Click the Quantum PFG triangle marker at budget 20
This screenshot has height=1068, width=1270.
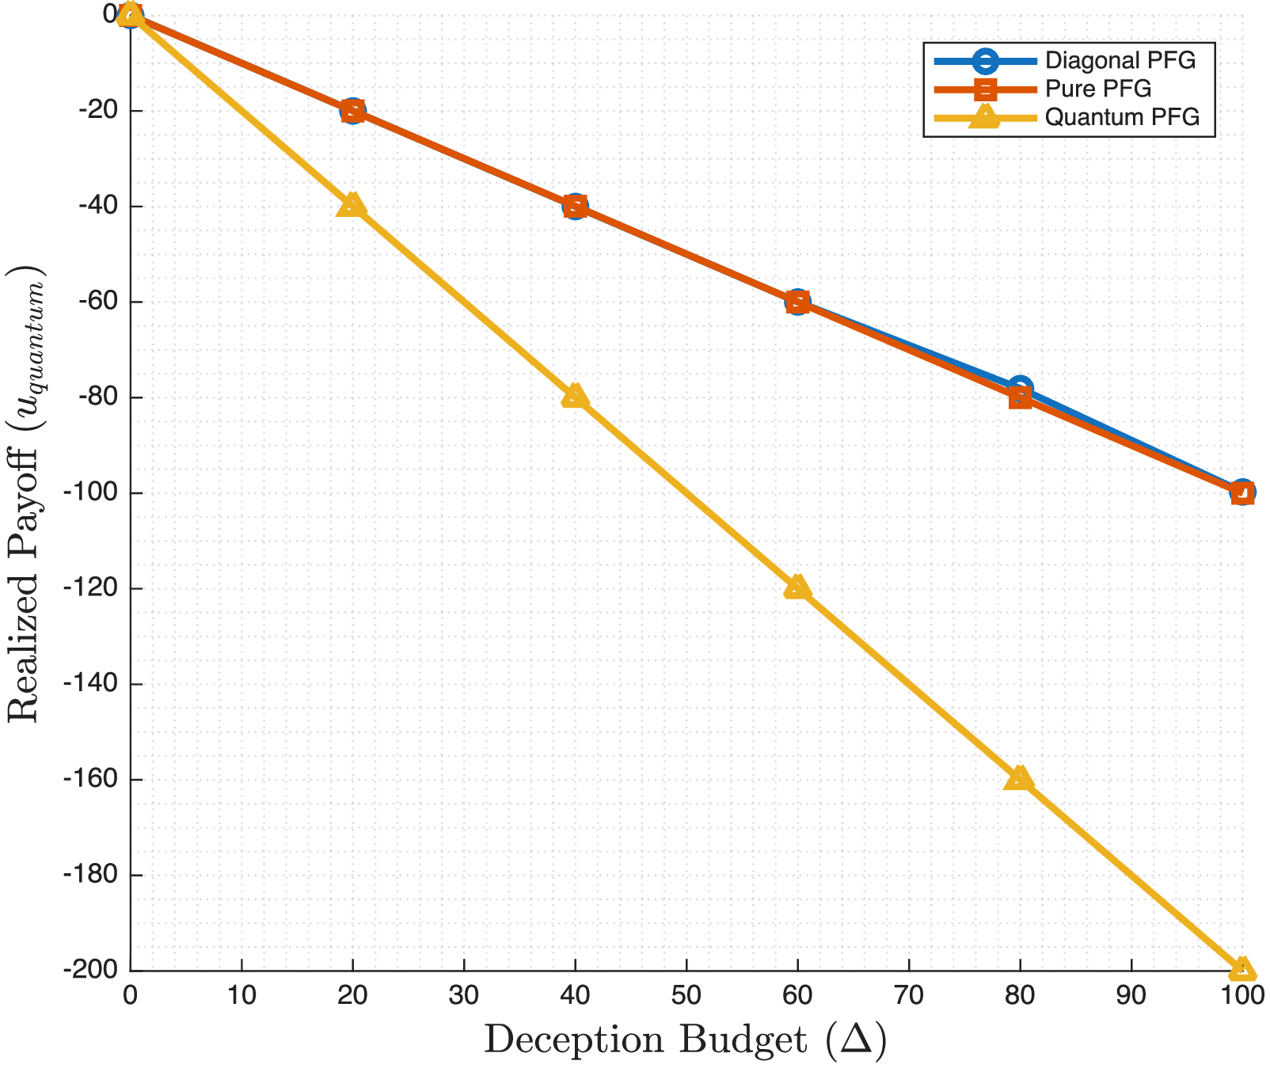(352, 205)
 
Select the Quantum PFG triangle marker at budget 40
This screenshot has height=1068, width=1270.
(575, 396)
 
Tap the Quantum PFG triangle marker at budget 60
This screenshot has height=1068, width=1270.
(797, 587)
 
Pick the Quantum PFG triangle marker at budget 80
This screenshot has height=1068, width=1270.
(1020, 778)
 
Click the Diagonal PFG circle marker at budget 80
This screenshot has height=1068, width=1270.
(1020, 389)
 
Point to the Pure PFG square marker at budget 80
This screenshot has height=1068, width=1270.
(1020, 398)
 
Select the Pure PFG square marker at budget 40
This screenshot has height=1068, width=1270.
(575, 207)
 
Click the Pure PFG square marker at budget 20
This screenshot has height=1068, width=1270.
(352, 111)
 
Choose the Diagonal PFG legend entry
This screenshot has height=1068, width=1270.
(1120, 60)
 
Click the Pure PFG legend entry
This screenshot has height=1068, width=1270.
(1097, 89)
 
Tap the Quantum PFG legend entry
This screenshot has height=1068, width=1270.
(1122, 117)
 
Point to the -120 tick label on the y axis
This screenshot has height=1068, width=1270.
(93, 588)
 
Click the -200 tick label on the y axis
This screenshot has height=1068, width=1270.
(93, 970)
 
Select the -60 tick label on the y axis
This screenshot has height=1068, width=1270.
(97, 302)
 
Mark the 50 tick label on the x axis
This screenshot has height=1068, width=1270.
(686, 995)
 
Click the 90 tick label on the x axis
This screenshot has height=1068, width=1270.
(1131, 995)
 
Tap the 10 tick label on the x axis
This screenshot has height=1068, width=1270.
(241, 995)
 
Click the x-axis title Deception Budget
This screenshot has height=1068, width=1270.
(685, 1039)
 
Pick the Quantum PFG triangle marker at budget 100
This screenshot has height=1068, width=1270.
(1241, 968)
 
